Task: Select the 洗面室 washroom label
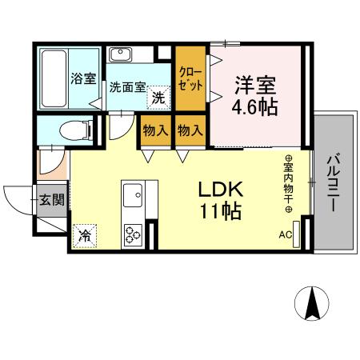[x=127, y=87]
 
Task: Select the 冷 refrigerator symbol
[x=83, y=236]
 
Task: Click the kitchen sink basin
[x=132, y=194]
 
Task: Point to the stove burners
[x=132, y=234]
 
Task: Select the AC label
[x=286, y=235]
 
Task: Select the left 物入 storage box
[x=155, y=130]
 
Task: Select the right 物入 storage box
[x=190, y=130]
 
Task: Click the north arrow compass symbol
[x=313, y=303]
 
